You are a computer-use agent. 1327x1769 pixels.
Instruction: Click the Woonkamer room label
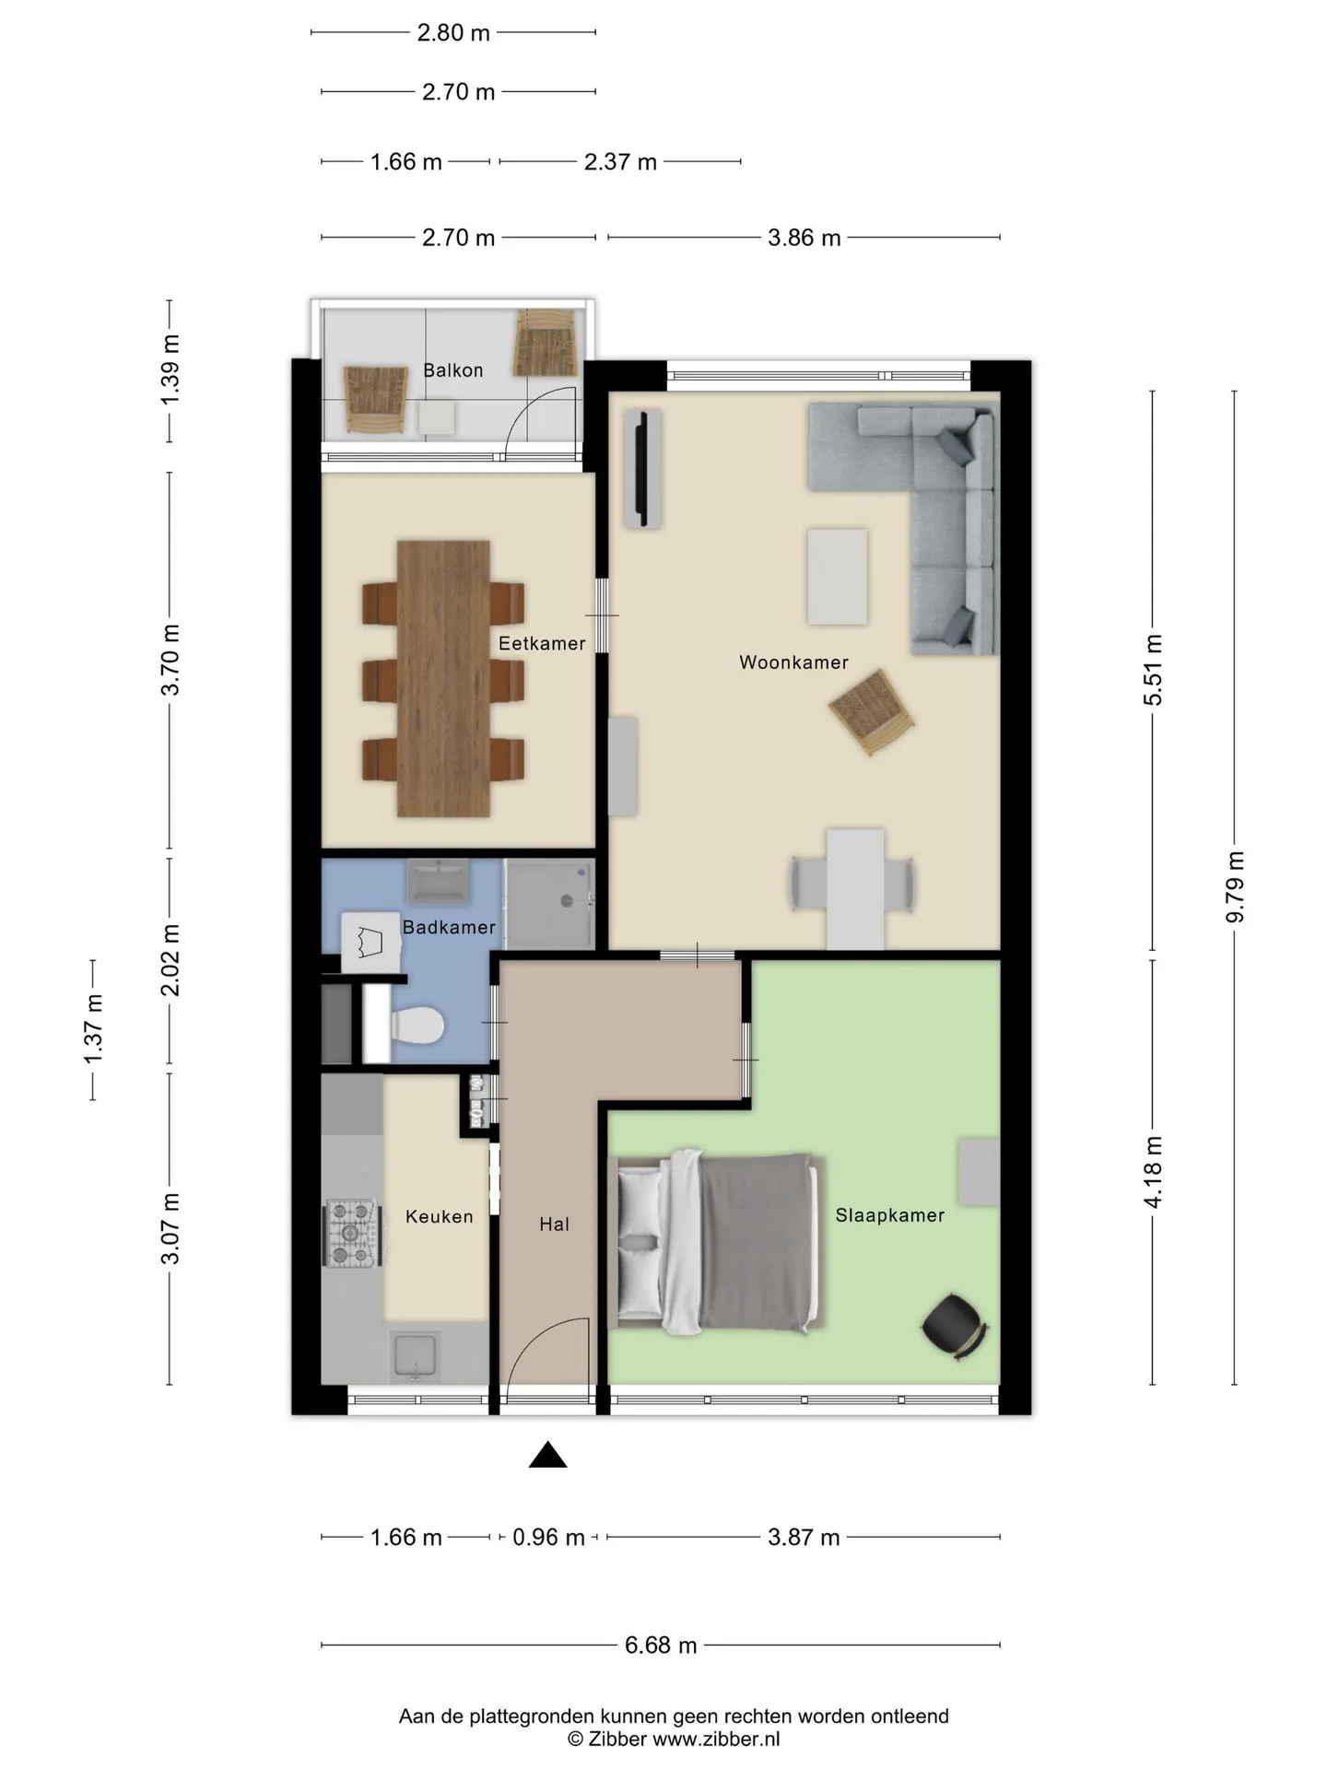click(793, 662)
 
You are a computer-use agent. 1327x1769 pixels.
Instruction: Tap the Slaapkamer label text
click(889, 1215)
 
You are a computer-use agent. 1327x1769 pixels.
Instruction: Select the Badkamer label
click(449, 928)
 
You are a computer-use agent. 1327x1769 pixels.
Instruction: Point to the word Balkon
click(452, 370)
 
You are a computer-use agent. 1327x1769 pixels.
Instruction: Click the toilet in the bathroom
click(417, 1025)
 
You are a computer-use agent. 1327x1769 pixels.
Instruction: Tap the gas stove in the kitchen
click(352, 1233)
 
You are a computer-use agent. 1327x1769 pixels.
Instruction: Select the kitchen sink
click(415, 1357)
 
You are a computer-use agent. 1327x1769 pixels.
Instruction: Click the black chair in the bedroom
click(955, 1327)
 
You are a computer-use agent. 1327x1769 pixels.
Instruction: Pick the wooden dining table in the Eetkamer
click(443, 678)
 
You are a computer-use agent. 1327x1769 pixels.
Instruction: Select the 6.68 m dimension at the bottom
click(661, 1645)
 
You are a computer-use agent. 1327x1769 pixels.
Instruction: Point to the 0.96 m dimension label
click(548, 1537)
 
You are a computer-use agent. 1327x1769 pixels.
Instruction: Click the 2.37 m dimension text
click(620, 162)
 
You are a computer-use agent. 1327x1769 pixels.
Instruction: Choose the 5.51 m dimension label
click(1153, 670)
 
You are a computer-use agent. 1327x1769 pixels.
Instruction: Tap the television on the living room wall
click(643, 470)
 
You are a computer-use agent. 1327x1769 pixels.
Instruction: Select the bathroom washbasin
click(439, 882)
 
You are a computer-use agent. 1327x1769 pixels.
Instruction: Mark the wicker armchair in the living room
click(872, 711)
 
